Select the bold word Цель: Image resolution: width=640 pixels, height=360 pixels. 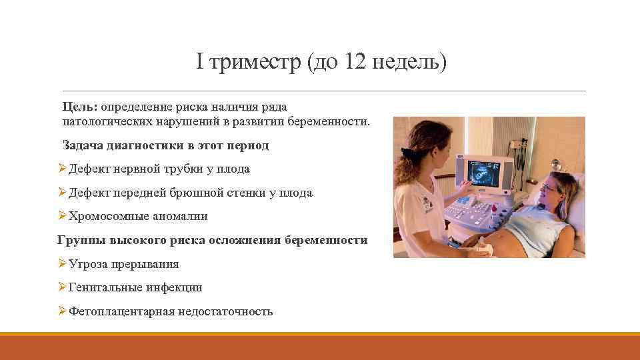point(80,107)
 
